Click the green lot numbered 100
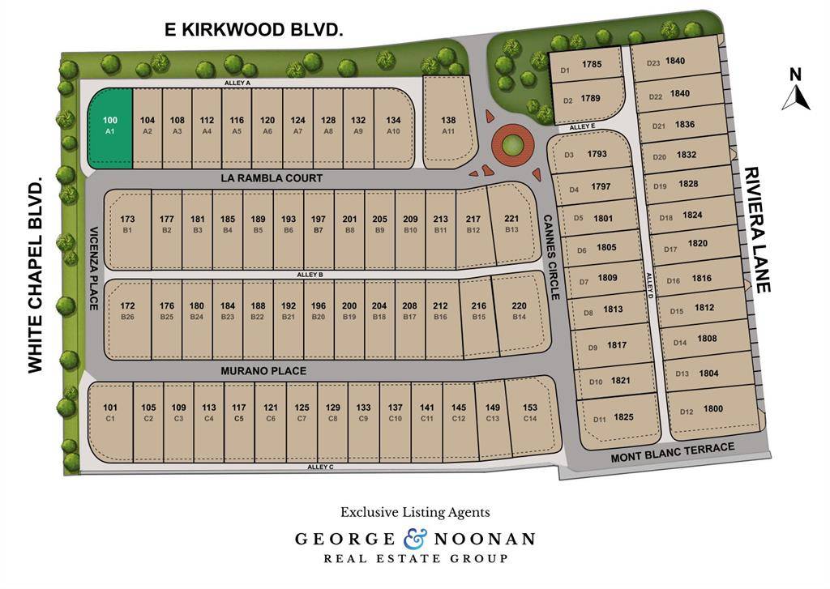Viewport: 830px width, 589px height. (109, 128)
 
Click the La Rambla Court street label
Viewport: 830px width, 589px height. (272, 178)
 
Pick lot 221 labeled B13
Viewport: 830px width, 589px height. (511, 224)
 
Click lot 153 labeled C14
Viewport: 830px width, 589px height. (530, 412)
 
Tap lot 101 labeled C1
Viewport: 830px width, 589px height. (111, 412)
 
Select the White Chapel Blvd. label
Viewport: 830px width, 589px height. (35, 275)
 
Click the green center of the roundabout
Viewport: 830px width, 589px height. (511, 146)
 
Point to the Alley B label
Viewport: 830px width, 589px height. (310, 275)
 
